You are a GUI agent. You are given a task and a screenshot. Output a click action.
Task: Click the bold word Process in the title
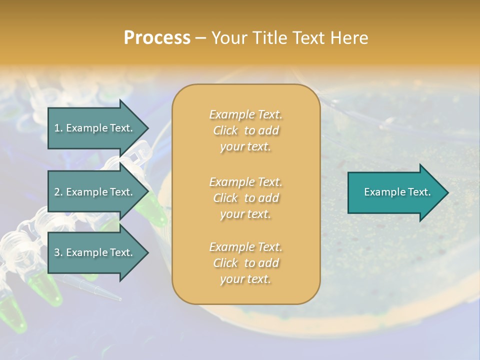[157, 38]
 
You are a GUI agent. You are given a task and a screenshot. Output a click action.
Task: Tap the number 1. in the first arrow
[58, 128]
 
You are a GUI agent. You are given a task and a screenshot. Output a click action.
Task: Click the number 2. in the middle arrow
[58, 192]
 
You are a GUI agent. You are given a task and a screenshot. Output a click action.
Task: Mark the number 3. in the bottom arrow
[58, 252]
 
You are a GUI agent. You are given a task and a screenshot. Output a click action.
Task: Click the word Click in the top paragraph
[225, 131]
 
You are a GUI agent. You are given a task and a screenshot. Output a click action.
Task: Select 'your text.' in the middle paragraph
[245, 214]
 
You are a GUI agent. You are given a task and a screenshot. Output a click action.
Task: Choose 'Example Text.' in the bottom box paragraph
[245, 247]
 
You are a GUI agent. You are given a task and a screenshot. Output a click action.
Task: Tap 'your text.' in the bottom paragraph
[245, 279]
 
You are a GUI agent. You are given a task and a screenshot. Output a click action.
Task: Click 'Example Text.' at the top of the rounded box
[245, 114]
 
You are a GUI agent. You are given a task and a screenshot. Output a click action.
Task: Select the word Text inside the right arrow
[417, 192]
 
